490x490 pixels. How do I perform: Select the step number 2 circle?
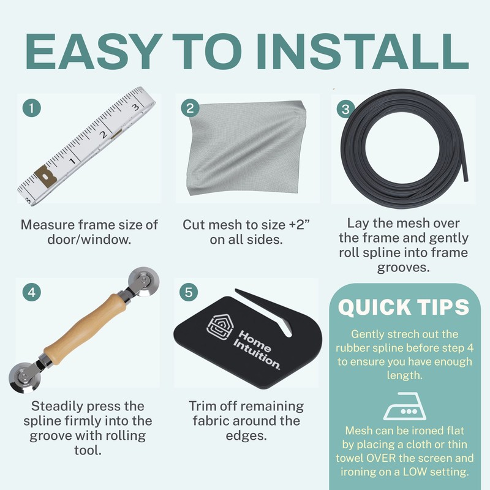(190, 108)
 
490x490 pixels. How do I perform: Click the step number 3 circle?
(347, 108)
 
